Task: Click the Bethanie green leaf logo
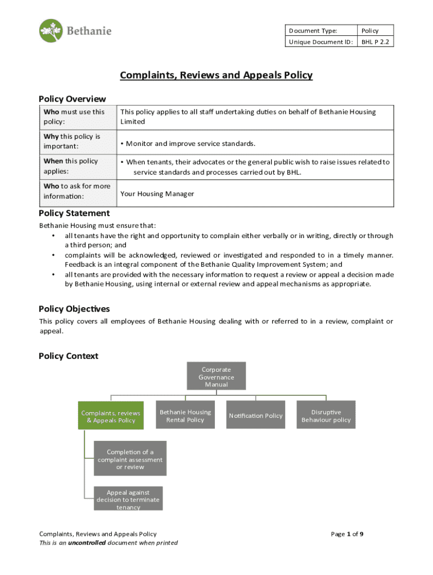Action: pos(51,30)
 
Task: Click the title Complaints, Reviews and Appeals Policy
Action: pos(216,75)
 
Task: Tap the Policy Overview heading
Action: pos(72,99)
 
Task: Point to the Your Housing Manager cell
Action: pos(157,194)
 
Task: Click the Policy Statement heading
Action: pos(74,213)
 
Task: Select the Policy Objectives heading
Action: pos(74,309)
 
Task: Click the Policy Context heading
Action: pos(68,356)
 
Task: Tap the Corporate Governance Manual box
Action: pos(216,377)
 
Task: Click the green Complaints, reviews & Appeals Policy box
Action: pos(111,416)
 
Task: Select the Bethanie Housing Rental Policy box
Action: pos(185,416)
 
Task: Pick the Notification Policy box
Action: pos(255,416)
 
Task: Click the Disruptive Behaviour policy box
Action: pos(326,416)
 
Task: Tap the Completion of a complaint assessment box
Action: pos(130,459)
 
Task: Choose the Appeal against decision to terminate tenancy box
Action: pos(128,499)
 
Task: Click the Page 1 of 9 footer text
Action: pos(347,534)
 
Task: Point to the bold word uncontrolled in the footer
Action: pos(87,543)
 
